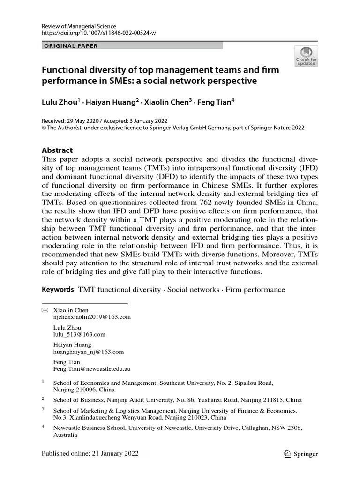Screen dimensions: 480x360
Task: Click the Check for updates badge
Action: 306,56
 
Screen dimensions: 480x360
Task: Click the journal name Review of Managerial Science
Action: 79,27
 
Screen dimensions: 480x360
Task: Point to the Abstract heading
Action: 57,150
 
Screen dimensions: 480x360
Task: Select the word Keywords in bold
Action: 58,289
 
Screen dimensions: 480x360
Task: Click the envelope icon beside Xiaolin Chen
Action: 45,310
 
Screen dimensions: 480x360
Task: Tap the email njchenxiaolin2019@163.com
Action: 92,317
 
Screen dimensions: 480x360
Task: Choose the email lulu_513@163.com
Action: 79,334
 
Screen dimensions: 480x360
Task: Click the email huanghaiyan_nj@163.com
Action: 89,352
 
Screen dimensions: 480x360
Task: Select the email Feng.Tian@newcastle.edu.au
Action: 91,369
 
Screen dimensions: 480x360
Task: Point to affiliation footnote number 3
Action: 43,409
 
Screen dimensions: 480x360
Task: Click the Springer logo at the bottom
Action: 301,454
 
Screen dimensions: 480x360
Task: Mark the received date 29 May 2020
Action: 85,120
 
